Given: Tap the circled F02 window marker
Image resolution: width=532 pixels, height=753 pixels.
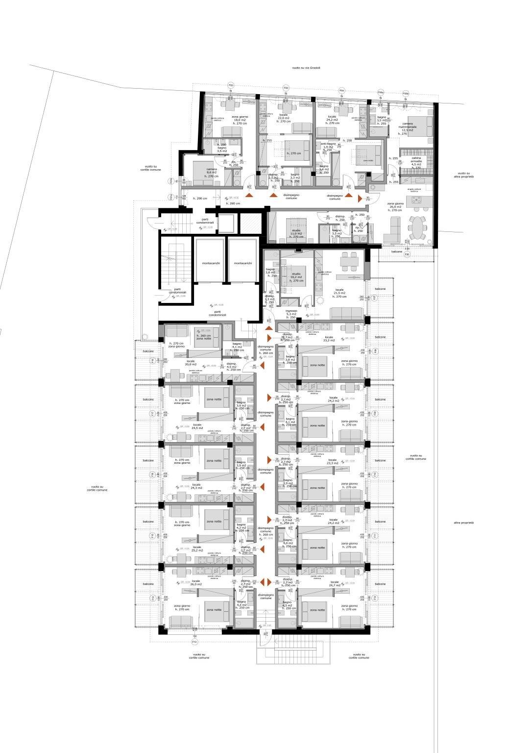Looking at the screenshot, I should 231,85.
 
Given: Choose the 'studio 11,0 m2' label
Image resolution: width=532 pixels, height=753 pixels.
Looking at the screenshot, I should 296,233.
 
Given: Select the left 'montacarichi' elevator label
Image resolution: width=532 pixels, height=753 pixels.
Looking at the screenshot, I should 211,263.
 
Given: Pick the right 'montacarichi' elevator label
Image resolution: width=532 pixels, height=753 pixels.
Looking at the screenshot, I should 242,263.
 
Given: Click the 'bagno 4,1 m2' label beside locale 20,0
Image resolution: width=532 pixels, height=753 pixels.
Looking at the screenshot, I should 238,347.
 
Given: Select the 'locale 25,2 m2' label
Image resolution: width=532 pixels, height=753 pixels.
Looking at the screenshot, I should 197,549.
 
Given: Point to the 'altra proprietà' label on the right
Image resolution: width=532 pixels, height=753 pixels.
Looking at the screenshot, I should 463,523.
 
